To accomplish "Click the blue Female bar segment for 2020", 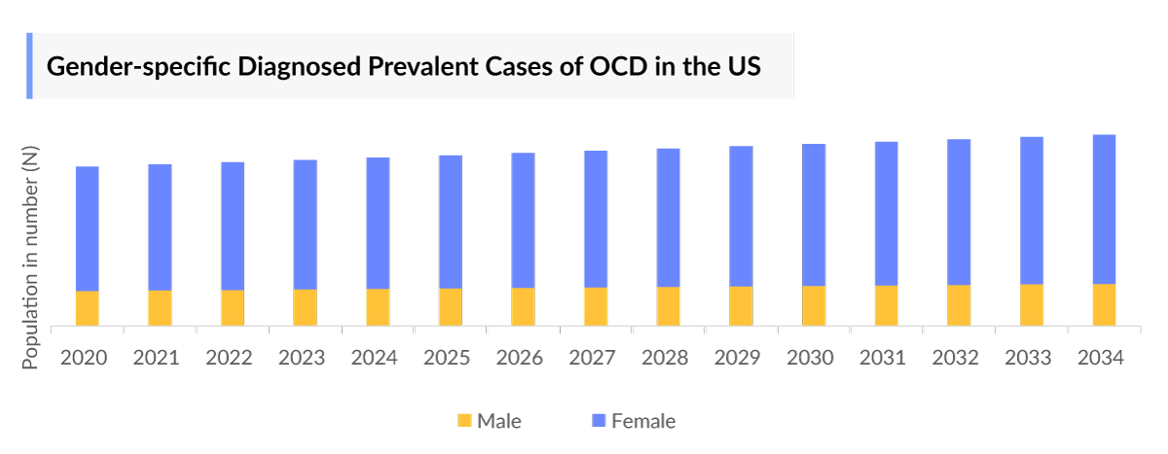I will pos(88,228).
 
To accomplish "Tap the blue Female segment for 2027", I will pos(596,219).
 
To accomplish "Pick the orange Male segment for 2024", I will pos(378,307).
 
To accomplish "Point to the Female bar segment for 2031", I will pos(886,213).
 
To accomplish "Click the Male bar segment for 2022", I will pos(233,307).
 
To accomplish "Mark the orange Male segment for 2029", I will pos(741,305).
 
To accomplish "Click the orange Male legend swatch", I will pos(464,421).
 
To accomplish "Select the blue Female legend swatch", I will pos(599,421).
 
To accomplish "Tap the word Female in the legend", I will pos(642,421).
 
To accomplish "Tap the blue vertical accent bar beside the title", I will pos(29,65).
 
